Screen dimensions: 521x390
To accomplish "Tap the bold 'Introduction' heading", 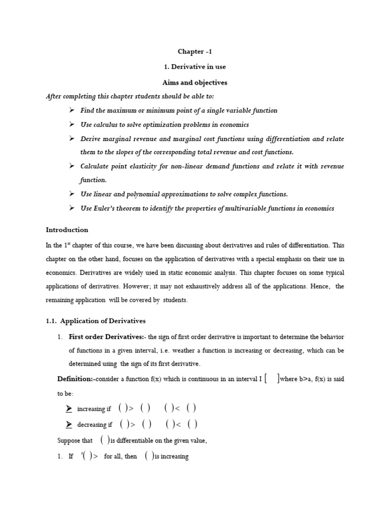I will click(67, 229).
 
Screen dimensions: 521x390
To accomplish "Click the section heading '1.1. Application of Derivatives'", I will click(95, 321).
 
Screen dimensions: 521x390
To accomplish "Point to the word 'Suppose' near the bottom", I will click(68, 441).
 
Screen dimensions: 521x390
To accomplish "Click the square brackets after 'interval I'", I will click(271, 378).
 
